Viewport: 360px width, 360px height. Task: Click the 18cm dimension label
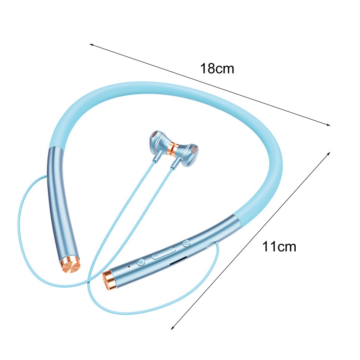coord(217,68)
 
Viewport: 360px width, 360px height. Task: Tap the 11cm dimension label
coord(279,246)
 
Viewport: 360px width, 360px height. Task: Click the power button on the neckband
coord(186,243)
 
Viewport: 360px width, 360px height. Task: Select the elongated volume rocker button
coord(163,253)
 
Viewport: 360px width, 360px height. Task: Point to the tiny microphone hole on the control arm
coord(129,266)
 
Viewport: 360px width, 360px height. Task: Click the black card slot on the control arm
coord(178,261)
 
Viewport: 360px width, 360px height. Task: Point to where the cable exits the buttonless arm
coord(47,176)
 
